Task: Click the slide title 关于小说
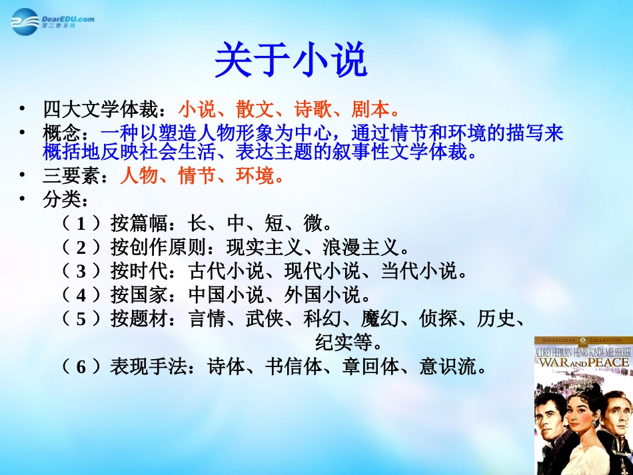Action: pyautogui.click(x=291, y=61)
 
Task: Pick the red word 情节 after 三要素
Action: pyautogui.click(x=198, y=177)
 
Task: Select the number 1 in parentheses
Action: pyautogui.click(x=81, y=223)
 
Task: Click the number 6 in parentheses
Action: pyautogui.click(x=81, y=366)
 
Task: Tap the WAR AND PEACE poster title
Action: pyautogui.click(x=582, y=362)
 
